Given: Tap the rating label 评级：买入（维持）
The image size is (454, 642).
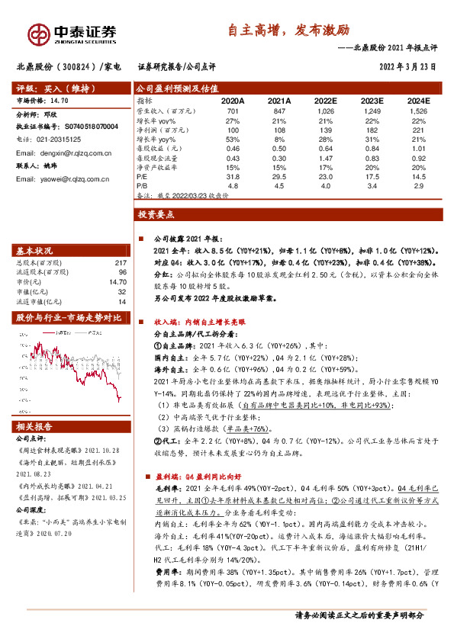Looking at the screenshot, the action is click(x=48, y=88).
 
